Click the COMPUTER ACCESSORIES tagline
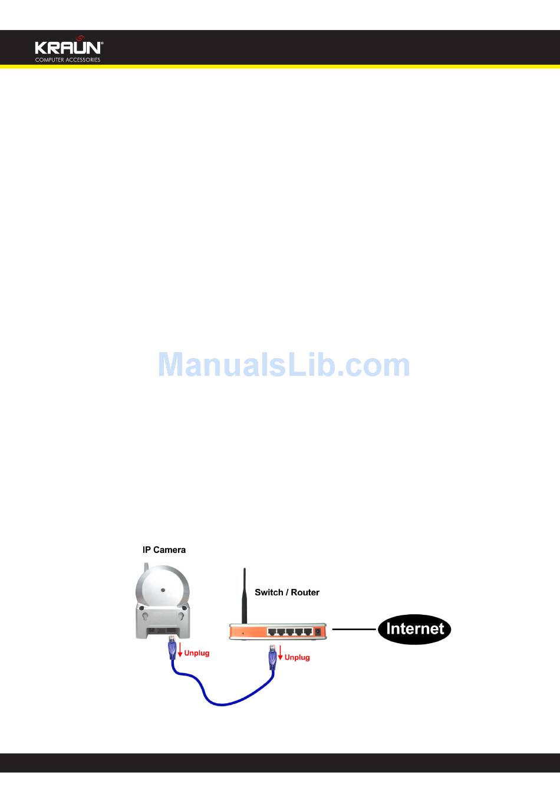coord(68,60)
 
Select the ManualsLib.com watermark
coord(284,365)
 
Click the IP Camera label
coord(164,550)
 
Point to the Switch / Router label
coord(287,592)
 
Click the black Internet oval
coord(414,629)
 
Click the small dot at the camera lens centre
coord(163,589)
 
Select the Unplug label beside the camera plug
coord(197,653)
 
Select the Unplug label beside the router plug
coord(297,657)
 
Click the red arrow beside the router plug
coord(281,653)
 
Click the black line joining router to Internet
coord(354,629)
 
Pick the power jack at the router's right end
coord(319,631)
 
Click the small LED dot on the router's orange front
coord(243,633)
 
